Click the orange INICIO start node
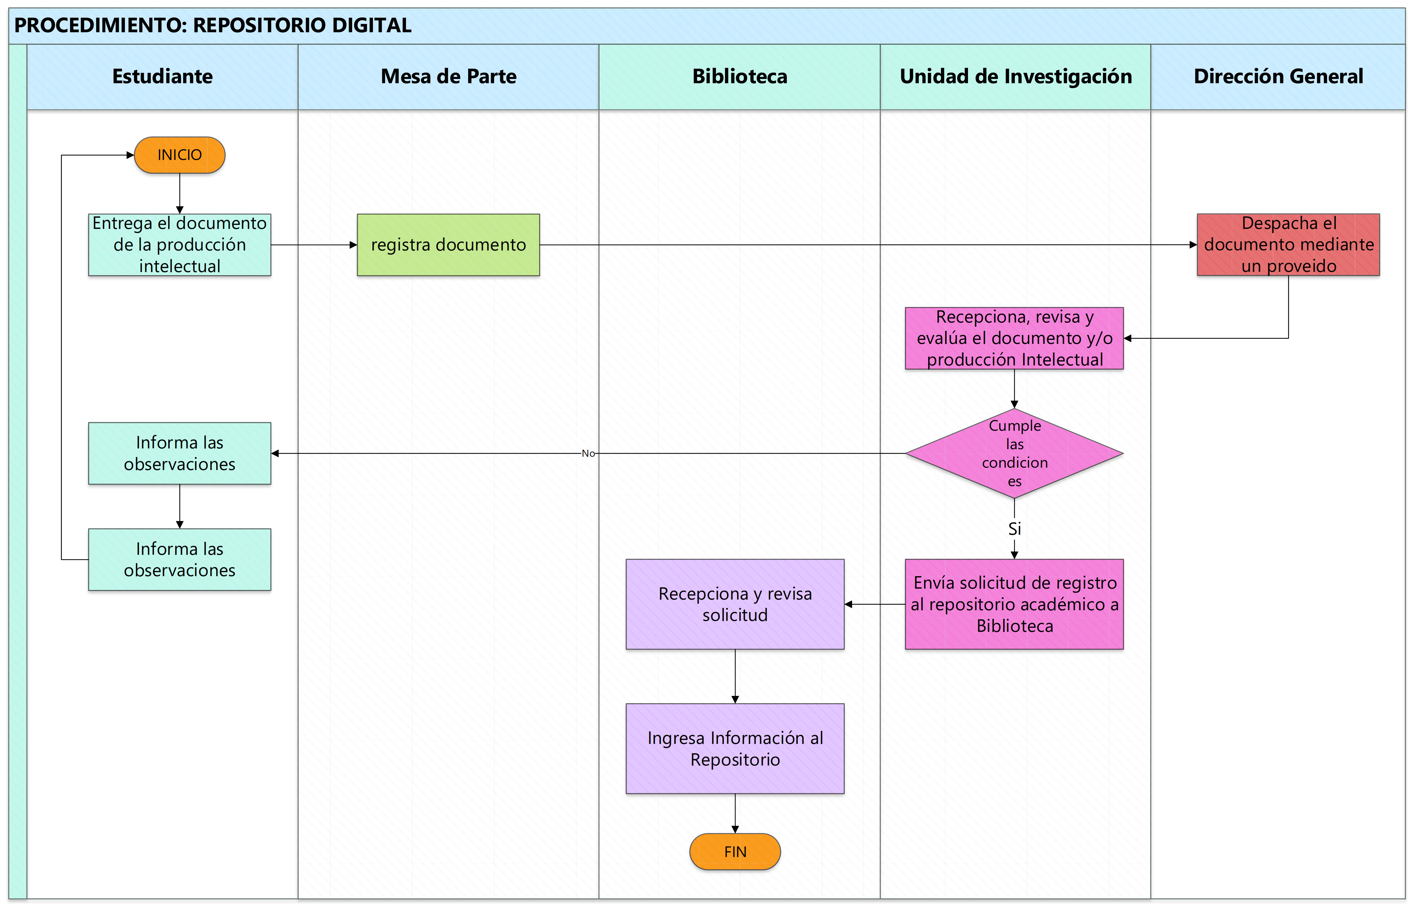tap(180, 155)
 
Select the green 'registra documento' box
tap(448, 245)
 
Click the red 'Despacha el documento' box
tap(1289, 245)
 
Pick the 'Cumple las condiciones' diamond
tap(1015, 454)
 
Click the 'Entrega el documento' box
tap(180, 245)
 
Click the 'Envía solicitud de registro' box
tap(1015, 604)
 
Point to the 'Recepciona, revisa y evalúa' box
tap(1015, 338)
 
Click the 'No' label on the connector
tap(588, 454)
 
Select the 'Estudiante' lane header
tap(163, 76)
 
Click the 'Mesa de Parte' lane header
tap(448, 76)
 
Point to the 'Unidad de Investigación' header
tap(1016, 76)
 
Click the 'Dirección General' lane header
tap(1278, 76)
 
